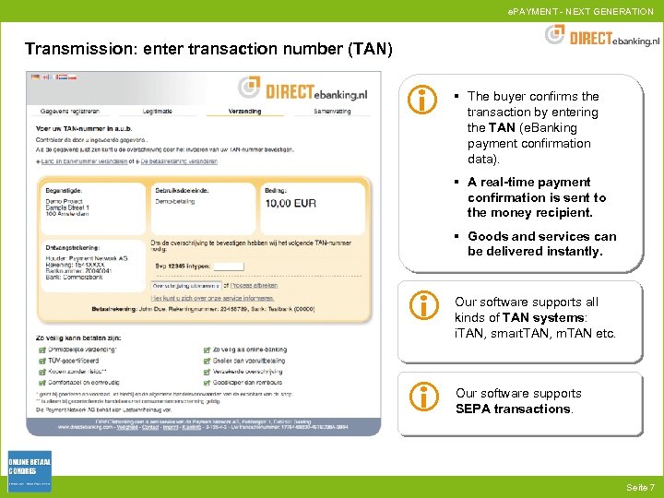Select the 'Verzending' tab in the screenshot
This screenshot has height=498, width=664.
tap(244, 112)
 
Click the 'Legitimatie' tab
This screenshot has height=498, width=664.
tap(157, 112)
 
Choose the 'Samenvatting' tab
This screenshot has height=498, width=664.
tap(332, 112)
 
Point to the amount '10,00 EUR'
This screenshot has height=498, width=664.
tap(291, 203)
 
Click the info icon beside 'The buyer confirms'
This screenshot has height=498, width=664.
tap(422, 101)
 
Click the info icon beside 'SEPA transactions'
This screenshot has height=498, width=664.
tap(422, 397)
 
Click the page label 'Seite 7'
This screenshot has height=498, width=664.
tap(639, 487)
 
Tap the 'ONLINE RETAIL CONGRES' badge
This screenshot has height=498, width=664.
tap(30, 470)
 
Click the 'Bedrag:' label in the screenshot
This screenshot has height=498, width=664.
tap(277, 188)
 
